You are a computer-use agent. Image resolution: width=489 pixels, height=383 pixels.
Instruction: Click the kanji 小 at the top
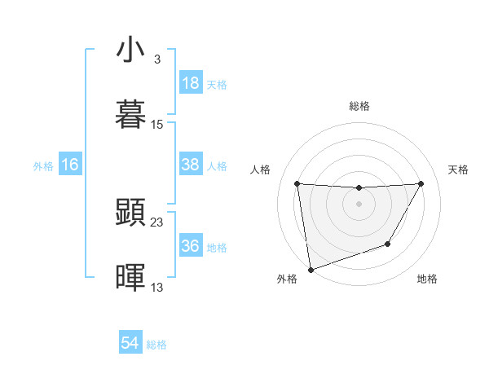pyautogui.click(x=130, y=50)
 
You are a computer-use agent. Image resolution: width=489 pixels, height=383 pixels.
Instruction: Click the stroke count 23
pyautogui.click(x=157, y=222)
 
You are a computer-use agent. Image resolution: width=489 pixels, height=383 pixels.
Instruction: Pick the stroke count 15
pyautogui.click(x=157, y=124)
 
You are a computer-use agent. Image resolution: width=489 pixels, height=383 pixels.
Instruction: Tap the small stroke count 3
pyautogui.click(x=156, y=59)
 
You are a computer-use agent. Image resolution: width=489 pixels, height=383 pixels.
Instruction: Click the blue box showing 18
pyautogui.click(x=190, y=84)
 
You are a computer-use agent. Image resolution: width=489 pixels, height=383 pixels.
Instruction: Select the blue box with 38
pyautogui.click(x=190, y=165)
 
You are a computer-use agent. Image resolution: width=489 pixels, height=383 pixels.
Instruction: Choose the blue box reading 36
pyautogui.click(x=190, y=246)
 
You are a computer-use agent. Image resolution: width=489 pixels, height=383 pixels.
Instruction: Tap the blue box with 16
pyautogui.click(x=70, y=165)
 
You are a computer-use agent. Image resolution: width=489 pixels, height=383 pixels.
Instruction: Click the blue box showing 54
pyautogui.click(x=130, y=344)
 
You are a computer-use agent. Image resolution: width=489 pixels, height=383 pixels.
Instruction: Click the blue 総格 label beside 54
pyautogui.click(x=156, y=345)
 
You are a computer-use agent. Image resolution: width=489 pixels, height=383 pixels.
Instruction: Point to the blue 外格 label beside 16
pyautogui.click(x=43, y=165)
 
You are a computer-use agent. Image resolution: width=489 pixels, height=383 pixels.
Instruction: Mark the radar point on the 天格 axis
pyautogui.click(x=421, y=183)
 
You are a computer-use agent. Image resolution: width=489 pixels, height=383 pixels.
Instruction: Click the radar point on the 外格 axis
pyautogui.click(x=310, y=269)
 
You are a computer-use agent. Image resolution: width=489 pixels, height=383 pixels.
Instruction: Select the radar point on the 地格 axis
pyautogui.click(x=388, y=244)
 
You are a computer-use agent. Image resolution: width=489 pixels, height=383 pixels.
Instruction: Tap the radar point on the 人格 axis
pyautogui.click(x=297, y=183)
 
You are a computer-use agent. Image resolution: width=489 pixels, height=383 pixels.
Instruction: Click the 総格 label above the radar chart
pyautogui.click(x=359, y=106)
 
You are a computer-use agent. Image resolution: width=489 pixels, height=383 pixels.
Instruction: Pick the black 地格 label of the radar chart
pyautogui.click(x=427, y=279)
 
